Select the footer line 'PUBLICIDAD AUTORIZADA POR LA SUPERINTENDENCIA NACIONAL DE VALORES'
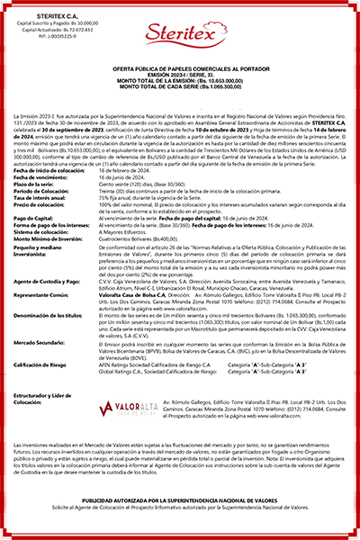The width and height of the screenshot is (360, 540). coord(180,521)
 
